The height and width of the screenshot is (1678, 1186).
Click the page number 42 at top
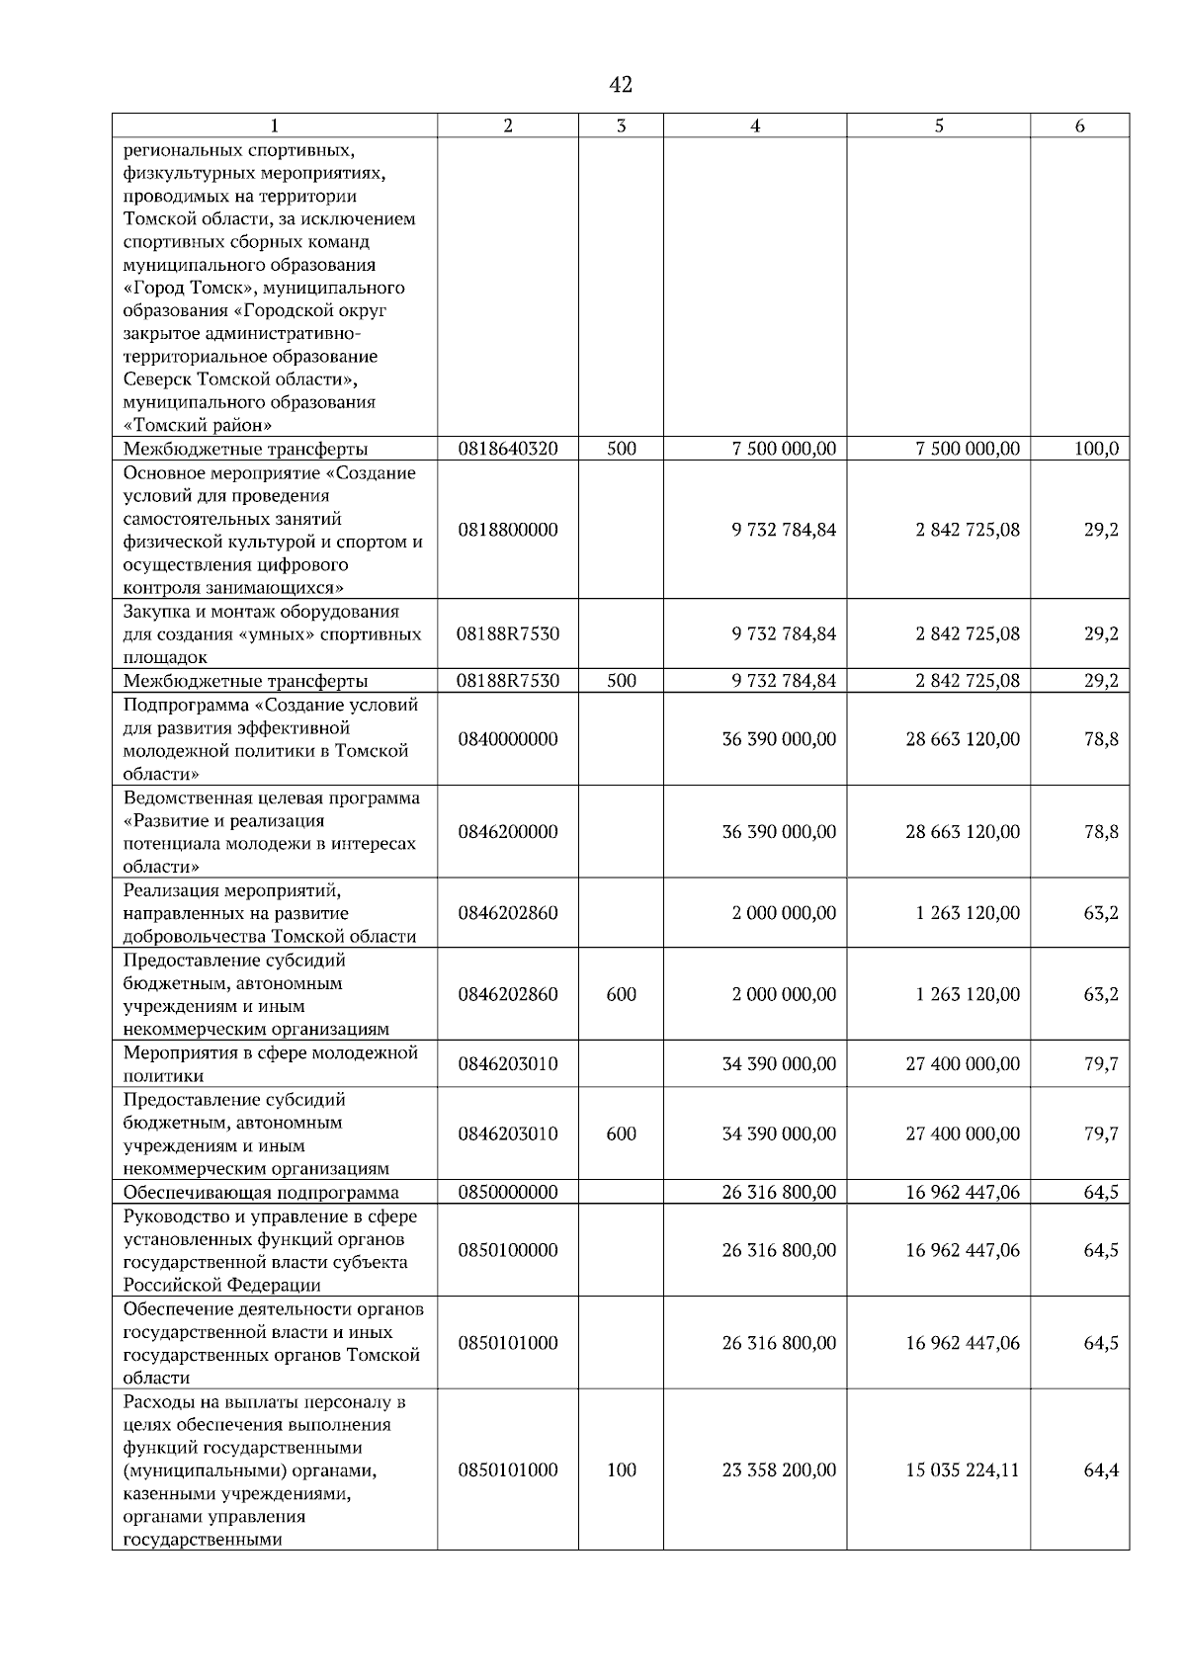click(x=621, y=85)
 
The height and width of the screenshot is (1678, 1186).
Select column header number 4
click(x=755, y=126)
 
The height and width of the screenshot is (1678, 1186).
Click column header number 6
click(x=1079, y=126)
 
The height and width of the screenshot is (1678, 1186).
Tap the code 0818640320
click(x=508, y=449)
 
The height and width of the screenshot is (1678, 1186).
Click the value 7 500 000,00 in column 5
click(x=968, y=449)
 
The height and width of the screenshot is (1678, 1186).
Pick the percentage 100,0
click(x=1096, y=449)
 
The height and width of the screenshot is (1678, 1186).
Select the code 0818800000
click(x=508, y=530)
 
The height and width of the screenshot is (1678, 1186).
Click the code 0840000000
click(x=508, y=739)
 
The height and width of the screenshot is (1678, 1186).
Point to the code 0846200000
click(x=508, y=832)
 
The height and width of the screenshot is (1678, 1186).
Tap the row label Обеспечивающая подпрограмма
click(x=261, y=1193)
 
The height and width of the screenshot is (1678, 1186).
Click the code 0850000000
click(x=508, y=1193)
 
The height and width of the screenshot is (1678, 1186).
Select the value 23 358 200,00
click(x=779, y=1470)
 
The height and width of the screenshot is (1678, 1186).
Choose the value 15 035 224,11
click(x=963, y=1470)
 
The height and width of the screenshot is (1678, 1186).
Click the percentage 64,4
click(x=1101, y=1470)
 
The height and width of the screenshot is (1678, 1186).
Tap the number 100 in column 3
click(x=621, y=1470)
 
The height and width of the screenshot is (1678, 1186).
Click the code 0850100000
click(x=508, y=1250)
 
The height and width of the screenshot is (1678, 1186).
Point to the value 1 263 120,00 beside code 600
click(x=968, y=994)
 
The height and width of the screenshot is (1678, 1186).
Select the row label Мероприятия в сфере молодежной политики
click(x=271, y=1064)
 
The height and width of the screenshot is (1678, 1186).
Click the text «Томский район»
click(x=198, y=426)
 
